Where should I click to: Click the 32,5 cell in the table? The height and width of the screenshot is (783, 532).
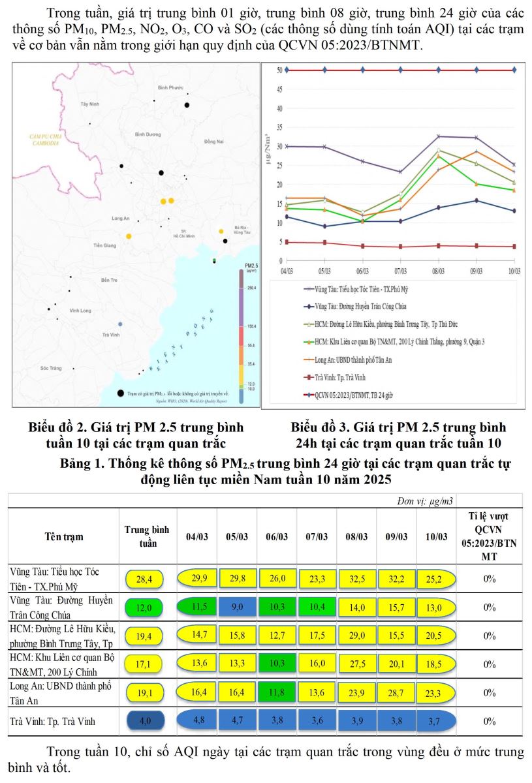(356, 578)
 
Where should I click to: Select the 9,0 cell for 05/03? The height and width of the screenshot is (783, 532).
(237, 607)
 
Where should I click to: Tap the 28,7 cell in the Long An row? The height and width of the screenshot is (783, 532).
(395, 692)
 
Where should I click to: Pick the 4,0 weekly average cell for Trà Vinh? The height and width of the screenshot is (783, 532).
(145, 721)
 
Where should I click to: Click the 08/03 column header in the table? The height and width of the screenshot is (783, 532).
(356, 536)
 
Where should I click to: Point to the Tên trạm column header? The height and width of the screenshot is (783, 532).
(63, 536)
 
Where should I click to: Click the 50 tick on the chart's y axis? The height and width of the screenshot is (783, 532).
(279, 70)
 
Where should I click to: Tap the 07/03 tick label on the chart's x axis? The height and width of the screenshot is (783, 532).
(400, 269)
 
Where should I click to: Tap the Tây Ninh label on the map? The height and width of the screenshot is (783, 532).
(89, 104)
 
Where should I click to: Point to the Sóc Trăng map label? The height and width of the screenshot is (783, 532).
(50, 368)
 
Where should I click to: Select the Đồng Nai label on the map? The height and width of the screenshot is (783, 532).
(213, 141)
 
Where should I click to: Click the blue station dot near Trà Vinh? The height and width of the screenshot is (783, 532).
(119, 324)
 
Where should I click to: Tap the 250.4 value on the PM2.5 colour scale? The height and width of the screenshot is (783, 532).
(251, 287)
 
